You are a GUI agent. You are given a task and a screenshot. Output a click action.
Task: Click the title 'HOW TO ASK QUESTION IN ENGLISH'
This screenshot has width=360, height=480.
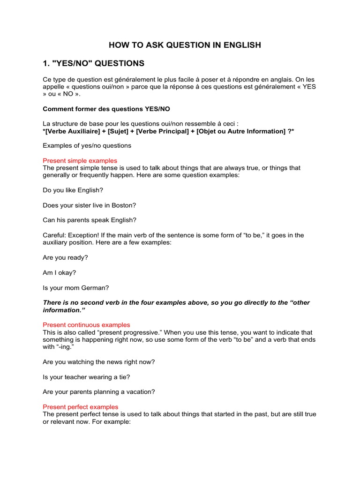pyautogui.click(x=185, y=45)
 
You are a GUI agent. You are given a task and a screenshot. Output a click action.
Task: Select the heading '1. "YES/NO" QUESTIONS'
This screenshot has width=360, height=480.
pyautogui.click(x=94, y=63)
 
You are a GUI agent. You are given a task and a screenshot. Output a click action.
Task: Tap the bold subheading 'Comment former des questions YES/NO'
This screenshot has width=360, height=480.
pyautogui.click(x=106, y=109)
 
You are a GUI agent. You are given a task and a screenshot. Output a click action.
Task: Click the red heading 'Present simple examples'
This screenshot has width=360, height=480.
pyautogui.click(x=80, y=160)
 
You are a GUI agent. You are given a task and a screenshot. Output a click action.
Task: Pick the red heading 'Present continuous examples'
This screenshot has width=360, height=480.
pyautogui.click(x=86, y=325)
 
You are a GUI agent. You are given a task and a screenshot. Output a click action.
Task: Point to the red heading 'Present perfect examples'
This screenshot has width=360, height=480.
pyautogui.click(x=81, y=407)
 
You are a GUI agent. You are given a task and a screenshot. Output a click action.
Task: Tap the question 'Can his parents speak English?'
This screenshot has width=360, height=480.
pyautogui.click(x=90, y=220)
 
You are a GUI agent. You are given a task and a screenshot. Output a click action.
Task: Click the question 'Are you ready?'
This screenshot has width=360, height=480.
pyautogui.click(x=65, y=258)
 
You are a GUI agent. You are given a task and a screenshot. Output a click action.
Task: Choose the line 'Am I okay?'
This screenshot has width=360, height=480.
pyautogui.click(x=60, y=273)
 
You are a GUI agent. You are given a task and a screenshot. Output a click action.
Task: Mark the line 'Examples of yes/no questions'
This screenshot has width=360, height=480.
pyautogui.click(x=87, y=145)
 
